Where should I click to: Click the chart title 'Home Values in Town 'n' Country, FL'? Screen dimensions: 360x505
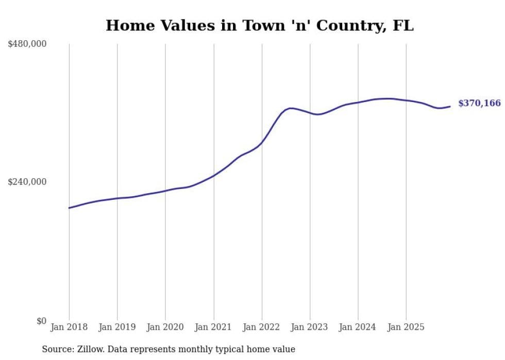[x=259, y=26]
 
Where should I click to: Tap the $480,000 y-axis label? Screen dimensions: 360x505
[x=27, y=44]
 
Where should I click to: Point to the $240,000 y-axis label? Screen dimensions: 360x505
[x=27, y=182]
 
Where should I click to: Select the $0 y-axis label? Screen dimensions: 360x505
[x=41, y=321]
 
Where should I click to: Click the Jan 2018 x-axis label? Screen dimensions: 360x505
[x=69, y=327]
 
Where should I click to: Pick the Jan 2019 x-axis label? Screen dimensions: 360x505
[x=117, y=327]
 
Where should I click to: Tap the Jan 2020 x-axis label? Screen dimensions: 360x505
[x=165, y=327]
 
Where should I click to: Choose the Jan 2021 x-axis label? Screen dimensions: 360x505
[x=213, y=327]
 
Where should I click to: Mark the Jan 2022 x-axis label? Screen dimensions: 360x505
[x=262, y=327]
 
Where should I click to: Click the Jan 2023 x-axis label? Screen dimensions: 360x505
[x=310, y=327]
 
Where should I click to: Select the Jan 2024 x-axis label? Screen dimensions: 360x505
[x=358, y=327]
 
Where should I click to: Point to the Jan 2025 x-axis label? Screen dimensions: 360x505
[x=406, y=327]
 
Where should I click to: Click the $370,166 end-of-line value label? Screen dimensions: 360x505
[x=479, y=104]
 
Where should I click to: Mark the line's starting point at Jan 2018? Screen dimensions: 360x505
[x=69, y=208]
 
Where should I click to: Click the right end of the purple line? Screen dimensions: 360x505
[x=450, y=107]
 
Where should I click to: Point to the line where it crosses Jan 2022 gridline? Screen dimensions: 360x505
[x=262, y=142]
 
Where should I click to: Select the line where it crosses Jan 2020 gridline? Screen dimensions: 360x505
[x=165, y=191]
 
